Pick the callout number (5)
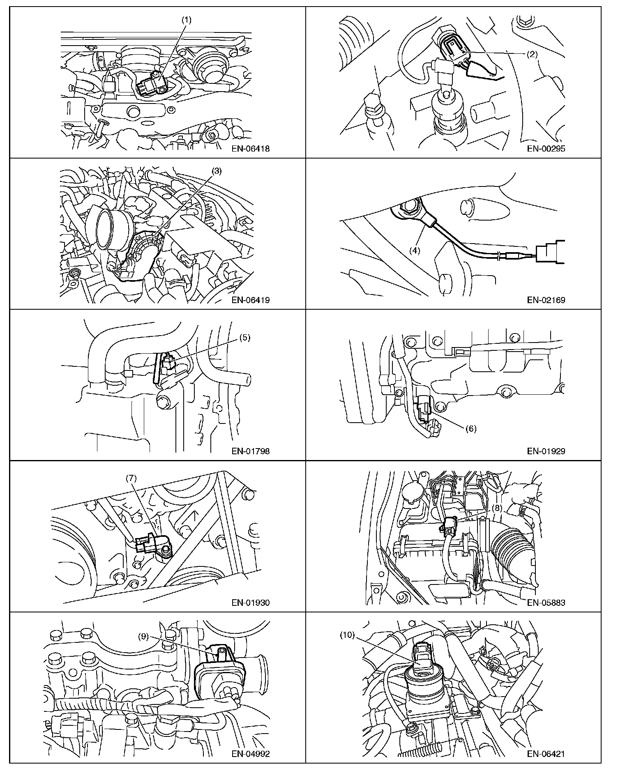click(244, 338)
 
